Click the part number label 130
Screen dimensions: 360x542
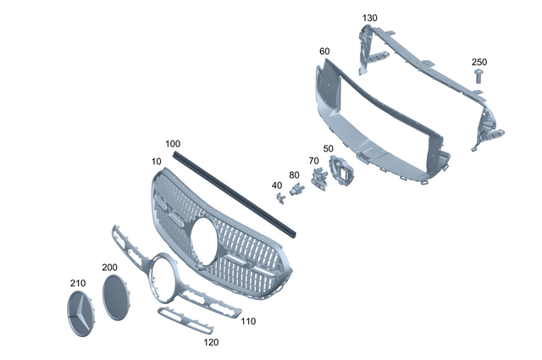click(x=370, y=18)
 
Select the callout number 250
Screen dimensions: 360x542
click(x=479, y=62)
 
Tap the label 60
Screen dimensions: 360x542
click(x=324, y=52)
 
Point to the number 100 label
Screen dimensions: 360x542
click(x=173, y=143)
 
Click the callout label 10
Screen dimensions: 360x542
click(x=157, y=160)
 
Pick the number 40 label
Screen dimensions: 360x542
click(x=277, y=185)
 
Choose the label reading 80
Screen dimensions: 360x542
click(x=295, y=175)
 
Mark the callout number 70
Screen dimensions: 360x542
click(x=313, y=160)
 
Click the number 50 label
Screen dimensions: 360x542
click(x=328, y=148)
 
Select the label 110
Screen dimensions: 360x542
click(x=248, y=321)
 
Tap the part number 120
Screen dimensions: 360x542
click(x=211, y=342)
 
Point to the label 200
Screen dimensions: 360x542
click(x=109, y=267)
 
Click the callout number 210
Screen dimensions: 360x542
click(x=78, y=282)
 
